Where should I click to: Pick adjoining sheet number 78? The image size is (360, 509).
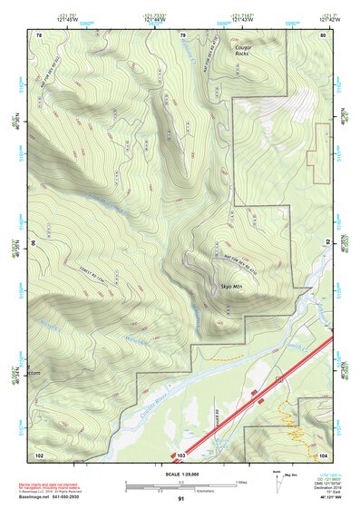click(39, 34)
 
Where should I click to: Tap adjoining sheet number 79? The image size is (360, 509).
click(182, 34)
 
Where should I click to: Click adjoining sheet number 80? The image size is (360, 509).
click(323, 34)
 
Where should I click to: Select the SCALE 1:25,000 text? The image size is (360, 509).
click(181, 474)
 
